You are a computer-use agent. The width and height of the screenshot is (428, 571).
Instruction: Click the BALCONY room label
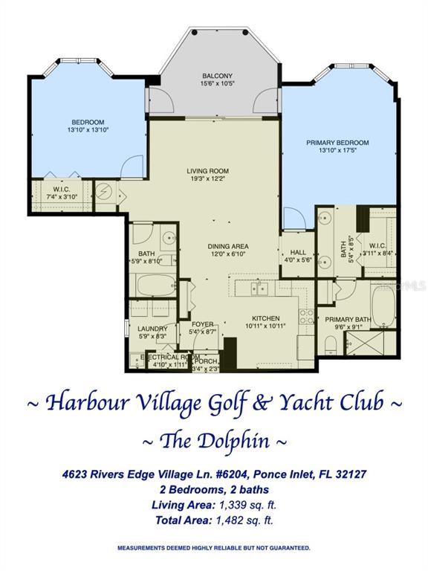(217, 76)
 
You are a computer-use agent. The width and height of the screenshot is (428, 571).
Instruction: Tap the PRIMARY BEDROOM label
(337, 143)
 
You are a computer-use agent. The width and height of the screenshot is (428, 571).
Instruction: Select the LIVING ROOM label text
(208, 171)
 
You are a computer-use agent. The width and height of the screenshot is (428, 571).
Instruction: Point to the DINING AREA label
(228, 247)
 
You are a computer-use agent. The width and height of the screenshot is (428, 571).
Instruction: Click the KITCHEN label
(266, 318)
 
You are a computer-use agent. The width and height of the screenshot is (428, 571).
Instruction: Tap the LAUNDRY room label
(152, 329)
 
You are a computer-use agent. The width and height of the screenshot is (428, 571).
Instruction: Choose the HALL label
(298, 252)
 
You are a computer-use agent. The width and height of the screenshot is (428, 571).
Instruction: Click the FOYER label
(203, 324)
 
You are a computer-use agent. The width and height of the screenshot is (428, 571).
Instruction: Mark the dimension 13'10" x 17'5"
(337, 150)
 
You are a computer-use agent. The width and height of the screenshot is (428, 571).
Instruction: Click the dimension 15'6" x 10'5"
(217, 83)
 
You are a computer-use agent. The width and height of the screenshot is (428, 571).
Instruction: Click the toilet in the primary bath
(331, 344)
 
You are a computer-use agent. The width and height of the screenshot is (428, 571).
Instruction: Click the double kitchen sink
(259, 288)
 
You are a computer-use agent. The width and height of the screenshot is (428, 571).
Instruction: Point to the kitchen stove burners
(306, 317)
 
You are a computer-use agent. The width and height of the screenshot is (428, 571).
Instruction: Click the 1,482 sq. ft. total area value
(244, 520)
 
